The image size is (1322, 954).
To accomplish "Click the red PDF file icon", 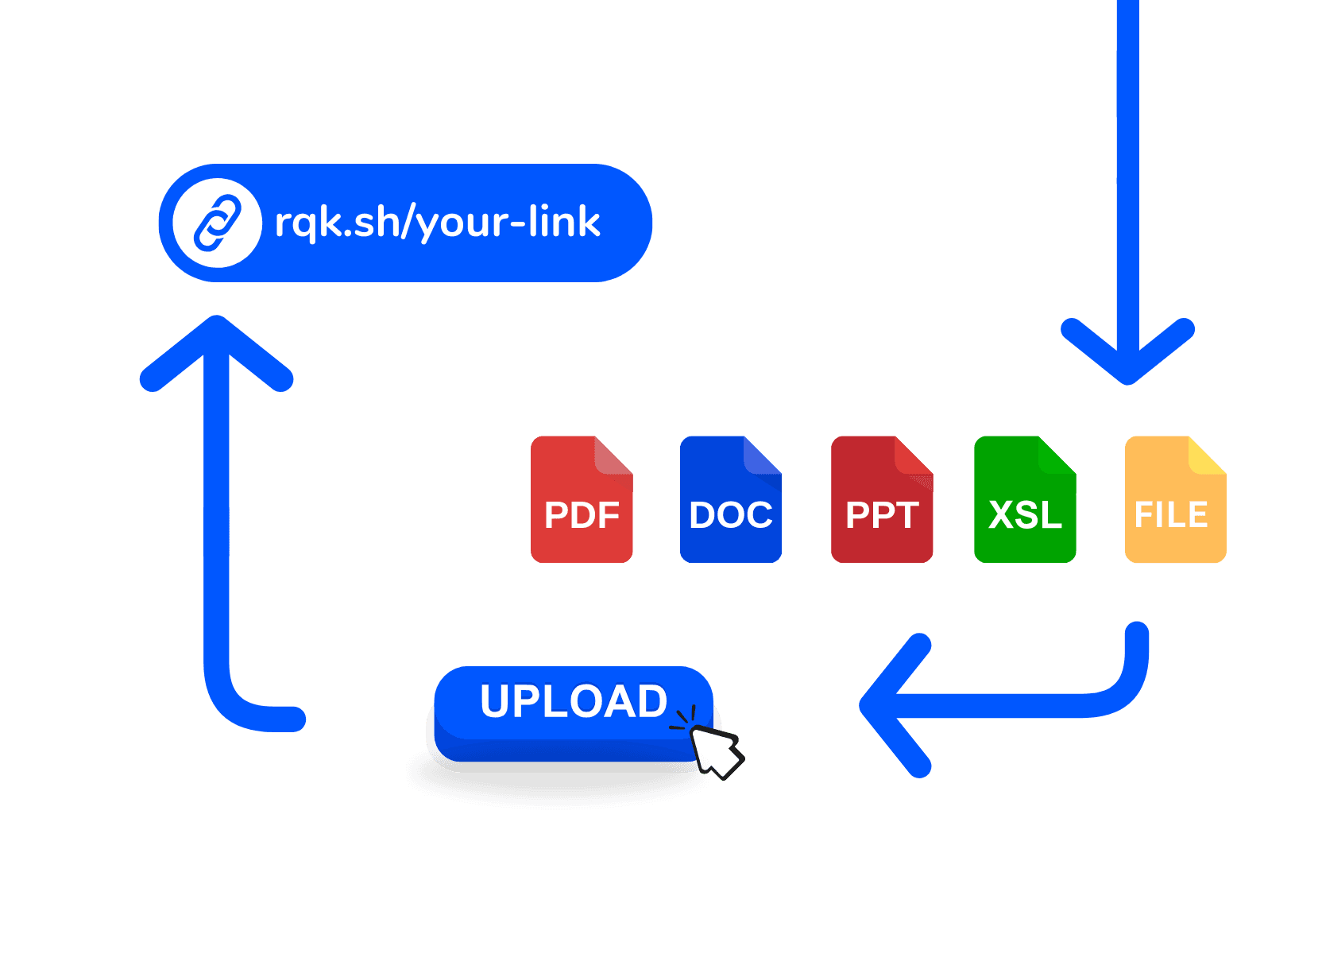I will click(x=582, y=499).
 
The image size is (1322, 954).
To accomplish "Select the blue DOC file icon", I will click(x=731, y=499).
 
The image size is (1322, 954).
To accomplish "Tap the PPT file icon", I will click(x=882, y=499).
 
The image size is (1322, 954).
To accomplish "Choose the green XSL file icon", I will click(x=1025, y=499).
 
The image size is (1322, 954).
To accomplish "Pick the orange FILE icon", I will click(x=1175, y=499).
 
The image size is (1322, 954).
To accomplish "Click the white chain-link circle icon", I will click(x=217, y=223).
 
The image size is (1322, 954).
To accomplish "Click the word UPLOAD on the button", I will click(x=574, y=701).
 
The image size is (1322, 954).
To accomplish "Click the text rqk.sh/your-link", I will click(x=437, y=223).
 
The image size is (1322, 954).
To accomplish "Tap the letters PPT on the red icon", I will click(x=882, y=515).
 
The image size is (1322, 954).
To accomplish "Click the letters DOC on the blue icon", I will click(x=731, y=515).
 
